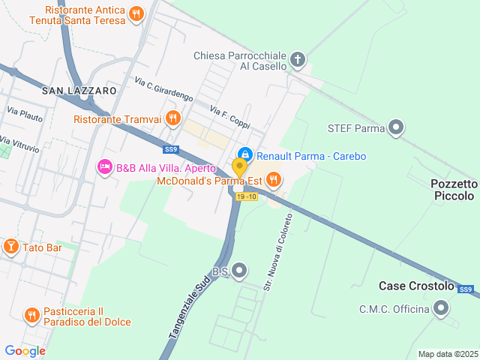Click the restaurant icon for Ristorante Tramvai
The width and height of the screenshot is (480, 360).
pyautogui.click(x=173, y=117)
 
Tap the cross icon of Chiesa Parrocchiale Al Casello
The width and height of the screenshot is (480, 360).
pyautogui.click(x=298, y=58)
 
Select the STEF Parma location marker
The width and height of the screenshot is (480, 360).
pyautogui.click(x=397, y=128)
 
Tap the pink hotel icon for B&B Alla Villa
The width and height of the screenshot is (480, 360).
pyautogui.click(x=105, y=166)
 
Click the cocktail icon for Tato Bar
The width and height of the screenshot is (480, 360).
pyautogui.click(x=11, y=247)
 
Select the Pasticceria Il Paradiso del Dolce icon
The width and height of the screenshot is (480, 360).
pyautogui.click(x=31, y=314)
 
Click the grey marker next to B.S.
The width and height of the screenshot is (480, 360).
pyautogui.click(x=239, y=270)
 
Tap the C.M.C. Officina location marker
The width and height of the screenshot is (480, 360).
pyautogui.click(x=441, y=307)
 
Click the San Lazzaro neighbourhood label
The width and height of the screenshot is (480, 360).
pyautogui.click(x=79, y=91)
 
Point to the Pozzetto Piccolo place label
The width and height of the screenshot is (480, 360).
pyautogui.click(x=454, y=190)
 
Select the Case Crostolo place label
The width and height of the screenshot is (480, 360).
pyautogui.click(x=416, y=286)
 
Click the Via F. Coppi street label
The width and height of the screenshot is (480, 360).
pyautogui.click(x=229, y=117)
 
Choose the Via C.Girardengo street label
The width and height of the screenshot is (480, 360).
pyautogui.click(x=164, y=89)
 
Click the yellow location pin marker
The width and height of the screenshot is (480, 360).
pyautogui.click(x=240, y=168)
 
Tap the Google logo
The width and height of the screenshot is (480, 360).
pyautogui.click(x=25, y=350)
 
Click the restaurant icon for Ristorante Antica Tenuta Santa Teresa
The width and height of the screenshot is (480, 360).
pyautogui.click(x=136, y=13)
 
